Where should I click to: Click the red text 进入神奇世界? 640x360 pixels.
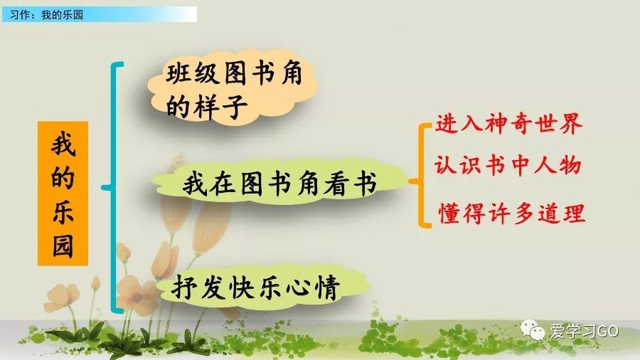point(508,125)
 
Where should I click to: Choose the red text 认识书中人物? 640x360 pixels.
point(508,166)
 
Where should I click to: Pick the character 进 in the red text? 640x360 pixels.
point(447,125)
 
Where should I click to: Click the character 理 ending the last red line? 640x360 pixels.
point(573,212)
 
